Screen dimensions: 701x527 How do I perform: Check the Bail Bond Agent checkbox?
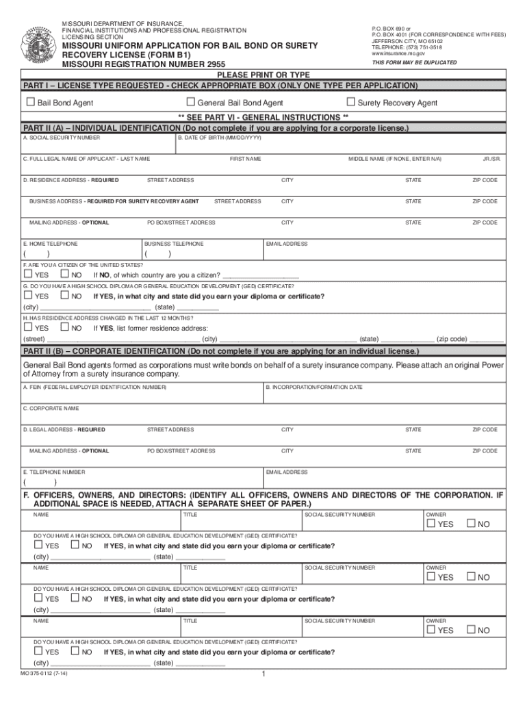coord(30,103)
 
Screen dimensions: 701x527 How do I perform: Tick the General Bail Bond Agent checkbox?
coord(192,103)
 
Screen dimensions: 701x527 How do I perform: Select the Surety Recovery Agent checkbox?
coord(350,103)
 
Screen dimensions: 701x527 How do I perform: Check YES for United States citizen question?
coord(28,275)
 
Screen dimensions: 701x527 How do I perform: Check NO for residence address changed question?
coord(65,328)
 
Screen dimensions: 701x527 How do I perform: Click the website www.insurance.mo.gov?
coord(394,53)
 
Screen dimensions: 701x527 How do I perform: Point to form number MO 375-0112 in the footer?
coord(44,673)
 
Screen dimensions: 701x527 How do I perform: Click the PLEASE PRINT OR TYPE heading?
coord(263,75)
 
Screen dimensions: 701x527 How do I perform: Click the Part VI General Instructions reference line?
coord(263,117)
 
